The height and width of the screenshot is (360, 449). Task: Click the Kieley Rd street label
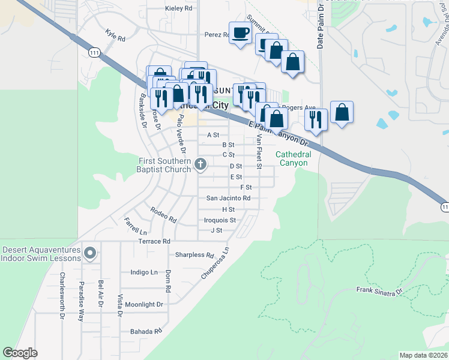tap(178, 8)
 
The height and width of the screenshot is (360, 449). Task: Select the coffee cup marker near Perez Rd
tap(241, 32)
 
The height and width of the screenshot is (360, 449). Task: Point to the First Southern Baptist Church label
tap(164, 165)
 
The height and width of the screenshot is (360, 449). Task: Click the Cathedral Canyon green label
tap(294, 158)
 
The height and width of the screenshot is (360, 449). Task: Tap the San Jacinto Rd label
tap(228, 198)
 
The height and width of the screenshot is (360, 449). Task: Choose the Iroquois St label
tap(220, 220)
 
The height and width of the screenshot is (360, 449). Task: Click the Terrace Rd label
tap(154, 241)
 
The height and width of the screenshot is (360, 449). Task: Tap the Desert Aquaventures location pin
tap(90, 253)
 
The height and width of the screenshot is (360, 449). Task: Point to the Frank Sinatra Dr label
tap(379, 292)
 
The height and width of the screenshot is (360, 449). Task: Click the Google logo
tap(20, 353)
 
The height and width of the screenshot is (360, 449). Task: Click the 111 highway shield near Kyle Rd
tap(94, 53)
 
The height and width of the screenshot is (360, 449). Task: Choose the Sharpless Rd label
tap(194, 254)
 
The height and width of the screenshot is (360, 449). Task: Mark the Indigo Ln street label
tap(144, 272)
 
